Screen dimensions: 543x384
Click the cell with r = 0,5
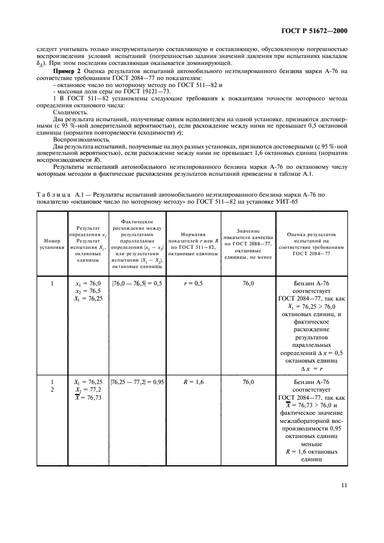[192, 283]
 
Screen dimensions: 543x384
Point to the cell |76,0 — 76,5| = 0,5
[137, 283]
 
